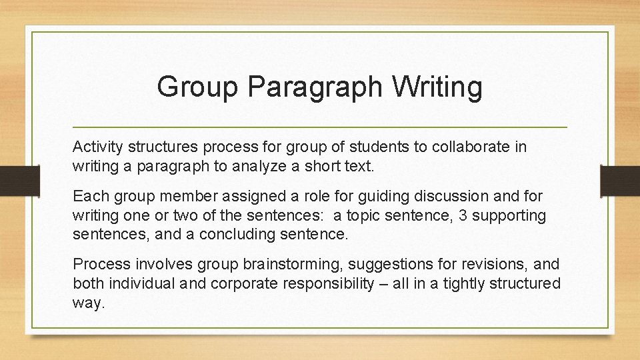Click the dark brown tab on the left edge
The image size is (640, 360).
12,180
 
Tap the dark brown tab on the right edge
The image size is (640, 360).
621,180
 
